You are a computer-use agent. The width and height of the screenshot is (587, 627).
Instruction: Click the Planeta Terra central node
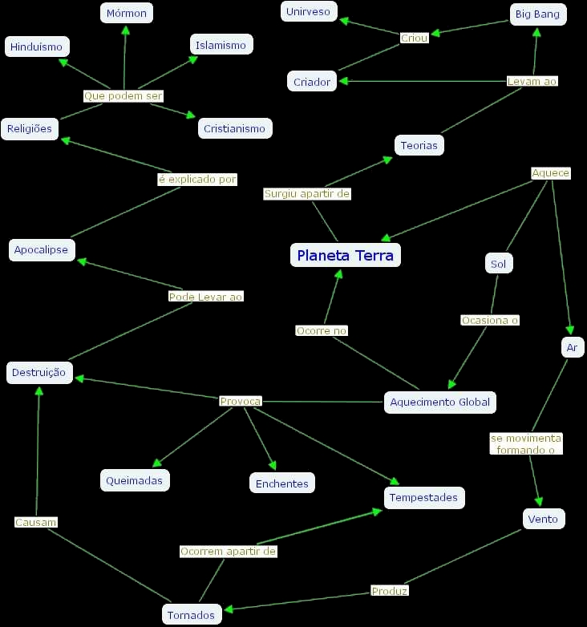tap(345, 256)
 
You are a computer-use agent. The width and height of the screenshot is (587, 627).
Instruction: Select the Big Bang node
tap(538, 14)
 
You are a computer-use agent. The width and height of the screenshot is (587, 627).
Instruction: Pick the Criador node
tap(312, 82)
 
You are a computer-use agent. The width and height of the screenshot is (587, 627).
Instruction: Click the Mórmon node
tap(127, 14)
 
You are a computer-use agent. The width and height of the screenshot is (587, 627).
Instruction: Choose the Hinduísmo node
tap(37, 47)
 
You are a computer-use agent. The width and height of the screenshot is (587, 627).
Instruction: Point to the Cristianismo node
tap(234, 128)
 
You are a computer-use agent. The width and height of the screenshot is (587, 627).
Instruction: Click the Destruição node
tap(40, 373)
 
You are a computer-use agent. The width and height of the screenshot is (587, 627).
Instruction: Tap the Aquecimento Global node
tap(439, 402)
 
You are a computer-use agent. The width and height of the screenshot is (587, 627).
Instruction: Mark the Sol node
tap(499, 263)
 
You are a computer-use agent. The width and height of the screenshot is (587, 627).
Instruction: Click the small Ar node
tap(572, 347)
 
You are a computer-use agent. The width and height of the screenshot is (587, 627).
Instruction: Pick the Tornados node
tap(191, 615)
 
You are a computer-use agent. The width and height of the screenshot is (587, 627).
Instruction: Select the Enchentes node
tap(281, 483)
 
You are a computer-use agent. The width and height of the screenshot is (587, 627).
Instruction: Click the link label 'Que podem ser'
tap(123, 96)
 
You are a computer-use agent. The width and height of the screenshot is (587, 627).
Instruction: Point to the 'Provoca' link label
tap(241, 401)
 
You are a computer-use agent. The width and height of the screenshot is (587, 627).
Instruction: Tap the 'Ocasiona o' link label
tap(490, 320)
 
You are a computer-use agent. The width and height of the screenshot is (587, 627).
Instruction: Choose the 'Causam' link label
tap(36, 522)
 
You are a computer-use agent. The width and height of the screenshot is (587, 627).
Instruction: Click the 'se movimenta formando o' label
tap(526, 444)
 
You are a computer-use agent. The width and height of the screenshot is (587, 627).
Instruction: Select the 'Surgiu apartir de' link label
tap(307, 194)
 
